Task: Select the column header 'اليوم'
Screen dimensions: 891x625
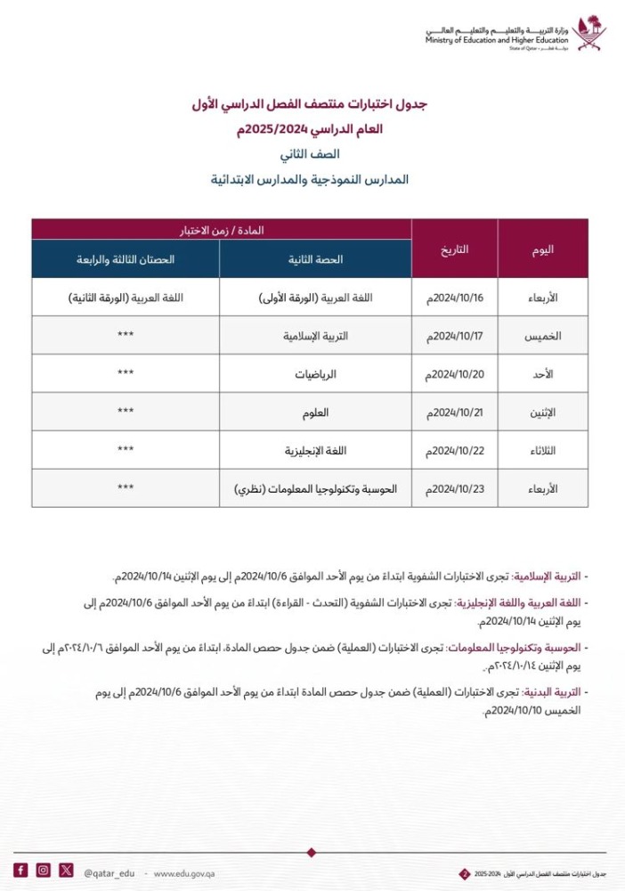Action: click(x=542, y=249)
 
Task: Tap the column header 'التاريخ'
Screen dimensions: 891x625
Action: click(x=454, y=249)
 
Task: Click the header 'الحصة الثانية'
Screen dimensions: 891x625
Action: click(x=316, y=259)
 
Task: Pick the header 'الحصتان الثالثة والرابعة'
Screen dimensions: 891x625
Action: click(x=126, y=259)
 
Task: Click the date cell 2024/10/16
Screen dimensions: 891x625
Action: click(x=454, y=298)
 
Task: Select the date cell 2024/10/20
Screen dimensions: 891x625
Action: click(x=454, y=374)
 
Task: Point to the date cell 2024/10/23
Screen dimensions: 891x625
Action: click(x=454, y=489)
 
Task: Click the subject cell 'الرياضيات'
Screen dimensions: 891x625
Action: click(x=316, y=374)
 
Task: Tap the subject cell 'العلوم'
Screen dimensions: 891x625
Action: click(x=316, y=413)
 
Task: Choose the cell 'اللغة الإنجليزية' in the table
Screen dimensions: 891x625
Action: click(x=316, y=451)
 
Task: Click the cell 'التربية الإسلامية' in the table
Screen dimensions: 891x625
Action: click(x=316, y=336)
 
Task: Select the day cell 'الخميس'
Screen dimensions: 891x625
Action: click(x=542, y=336)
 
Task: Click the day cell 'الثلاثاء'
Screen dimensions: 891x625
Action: click(x=542, y=451)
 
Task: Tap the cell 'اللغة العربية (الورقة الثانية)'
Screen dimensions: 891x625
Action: click(x=126, y=298)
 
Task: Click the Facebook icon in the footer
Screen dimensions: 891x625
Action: click(x=20, y=871)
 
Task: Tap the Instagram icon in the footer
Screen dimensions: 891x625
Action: click(x=43, y=871)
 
